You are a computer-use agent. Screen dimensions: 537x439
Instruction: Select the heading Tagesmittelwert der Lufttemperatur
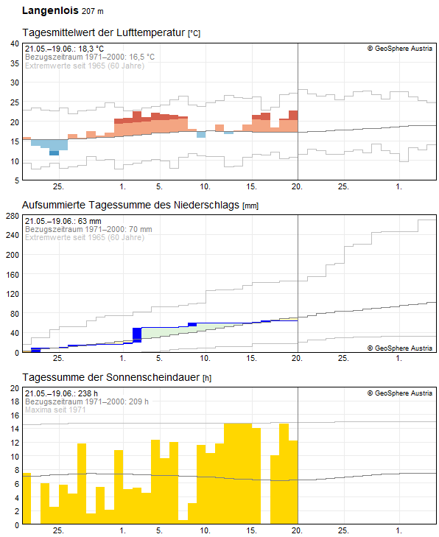105,34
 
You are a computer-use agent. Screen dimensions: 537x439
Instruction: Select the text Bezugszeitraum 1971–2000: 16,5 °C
90,57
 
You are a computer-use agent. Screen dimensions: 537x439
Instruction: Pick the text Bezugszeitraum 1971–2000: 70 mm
88,229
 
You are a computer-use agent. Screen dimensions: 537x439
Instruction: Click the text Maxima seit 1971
57,410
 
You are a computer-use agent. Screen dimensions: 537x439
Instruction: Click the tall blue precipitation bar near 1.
136,334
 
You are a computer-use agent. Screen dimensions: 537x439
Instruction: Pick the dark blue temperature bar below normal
54,152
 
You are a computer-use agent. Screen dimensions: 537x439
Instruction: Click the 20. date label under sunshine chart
298,530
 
